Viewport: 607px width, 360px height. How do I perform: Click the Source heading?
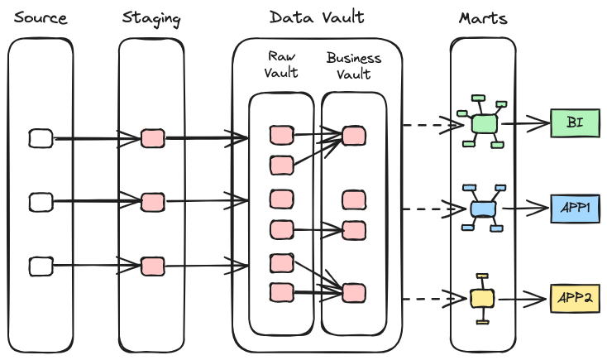click(41, 17)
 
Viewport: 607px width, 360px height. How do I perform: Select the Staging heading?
click(151, 17)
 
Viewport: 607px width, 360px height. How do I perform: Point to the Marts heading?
click(482, 17)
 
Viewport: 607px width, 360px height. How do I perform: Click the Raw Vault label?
click(281, 65)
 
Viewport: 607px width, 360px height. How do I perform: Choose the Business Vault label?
click(354, 66)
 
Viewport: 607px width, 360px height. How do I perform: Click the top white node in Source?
click(41, 138)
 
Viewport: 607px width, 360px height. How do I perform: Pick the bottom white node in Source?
click(41, 266)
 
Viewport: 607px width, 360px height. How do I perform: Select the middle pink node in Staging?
click(152, 202)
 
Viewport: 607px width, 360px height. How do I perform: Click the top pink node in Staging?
click(152, 138)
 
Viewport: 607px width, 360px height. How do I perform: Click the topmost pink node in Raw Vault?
click(282, 135)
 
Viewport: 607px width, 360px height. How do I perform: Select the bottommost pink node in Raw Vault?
click(282, 292)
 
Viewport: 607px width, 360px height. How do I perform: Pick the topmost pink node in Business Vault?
click(354, 135)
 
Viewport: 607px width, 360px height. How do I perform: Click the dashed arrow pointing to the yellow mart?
click(430, 297)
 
